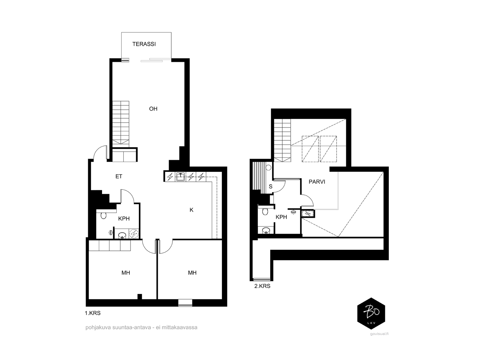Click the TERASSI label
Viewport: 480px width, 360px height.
point(144,44)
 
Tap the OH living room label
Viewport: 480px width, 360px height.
point(153,109)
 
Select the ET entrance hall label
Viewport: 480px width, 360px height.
point(119,176)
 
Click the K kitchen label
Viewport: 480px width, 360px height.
point(191,210)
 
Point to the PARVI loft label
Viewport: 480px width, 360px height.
point(317,181)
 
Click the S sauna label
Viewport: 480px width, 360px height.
point(271,186)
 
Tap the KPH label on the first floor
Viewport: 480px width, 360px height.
point(124,219)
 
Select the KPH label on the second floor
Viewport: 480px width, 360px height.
point(281,217)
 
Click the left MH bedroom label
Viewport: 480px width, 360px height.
point(126,273)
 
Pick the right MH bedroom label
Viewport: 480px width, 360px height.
point(192,273)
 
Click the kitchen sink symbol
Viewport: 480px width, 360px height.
point(180,177)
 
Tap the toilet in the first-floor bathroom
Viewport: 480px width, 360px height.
point(103,215)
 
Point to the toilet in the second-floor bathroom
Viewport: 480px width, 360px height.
point(265,211)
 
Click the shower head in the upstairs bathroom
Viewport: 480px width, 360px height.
point(293,212)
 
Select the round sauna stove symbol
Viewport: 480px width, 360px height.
point(268,168)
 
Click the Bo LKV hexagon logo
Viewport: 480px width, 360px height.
point(371,313)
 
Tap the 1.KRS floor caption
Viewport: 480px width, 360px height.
point(93,313)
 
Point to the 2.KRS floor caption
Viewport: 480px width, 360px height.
point(262,286)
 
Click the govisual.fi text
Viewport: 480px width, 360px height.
point(379,334)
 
